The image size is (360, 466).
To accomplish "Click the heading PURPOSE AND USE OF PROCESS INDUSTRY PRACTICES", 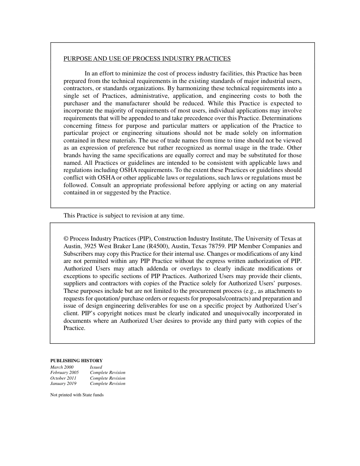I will [147, 59].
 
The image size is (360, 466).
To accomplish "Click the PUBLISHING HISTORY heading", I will [77, 361].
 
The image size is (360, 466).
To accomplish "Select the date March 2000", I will [62, 367].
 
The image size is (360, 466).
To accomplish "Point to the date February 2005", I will [64, 372].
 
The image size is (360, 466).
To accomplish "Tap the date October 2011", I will [63, 378].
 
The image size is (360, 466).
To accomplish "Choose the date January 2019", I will [63, 383].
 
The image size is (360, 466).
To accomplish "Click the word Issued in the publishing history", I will [96, 367].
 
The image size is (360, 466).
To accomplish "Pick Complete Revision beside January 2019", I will [108, 383].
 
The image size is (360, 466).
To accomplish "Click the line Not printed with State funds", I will [77, 395].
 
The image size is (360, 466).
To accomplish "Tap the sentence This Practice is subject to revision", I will [124, 216].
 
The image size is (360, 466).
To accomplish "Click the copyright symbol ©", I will [66, 239].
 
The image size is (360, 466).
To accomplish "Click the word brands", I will [72, 155].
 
